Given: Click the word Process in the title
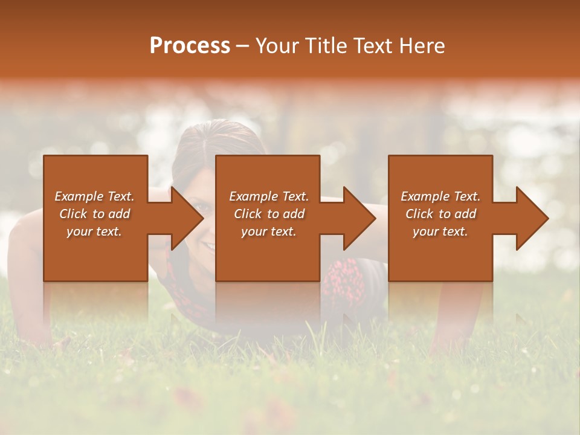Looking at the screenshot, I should [x=190, y=46].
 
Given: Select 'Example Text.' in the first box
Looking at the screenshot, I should [x=94, y=196].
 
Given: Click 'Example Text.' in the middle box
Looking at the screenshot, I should [x=268, y=196].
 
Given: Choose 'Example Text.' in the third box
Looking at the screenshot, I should [x=440, y=196].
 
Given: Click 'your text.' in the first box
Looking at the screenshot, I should [x=94, y=231].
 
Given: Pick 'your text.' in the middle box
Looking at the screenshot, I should [x=268, y=231].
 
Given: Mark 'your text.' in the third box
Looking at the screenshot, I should [x=440, y=231].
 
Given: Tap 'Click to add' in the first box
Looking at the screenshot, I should [x=94, y=214].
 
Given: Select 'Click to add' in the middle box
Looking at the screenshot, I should [x=268, y=214].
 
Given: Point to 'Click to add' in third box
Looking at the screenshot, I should [x=440, y=214].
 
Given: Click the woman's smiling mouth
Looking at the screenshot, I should [x=207, y=246].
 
